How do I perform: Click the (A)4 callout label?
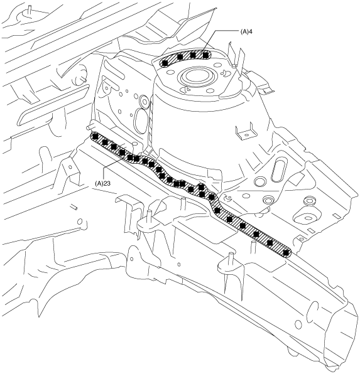tap(246, 31)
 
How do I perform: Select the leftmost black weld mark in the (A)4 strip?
tap(165, 63)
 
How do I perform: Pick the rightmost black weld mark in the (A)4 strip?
tap(205, 55)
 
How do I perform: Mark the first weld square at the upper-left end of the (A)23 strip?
tap(95, 136)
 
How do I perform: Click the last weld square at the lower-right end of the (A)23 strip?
tap(286, 253)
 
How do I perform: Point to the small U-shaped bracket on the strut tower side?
tap(245, 131)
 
